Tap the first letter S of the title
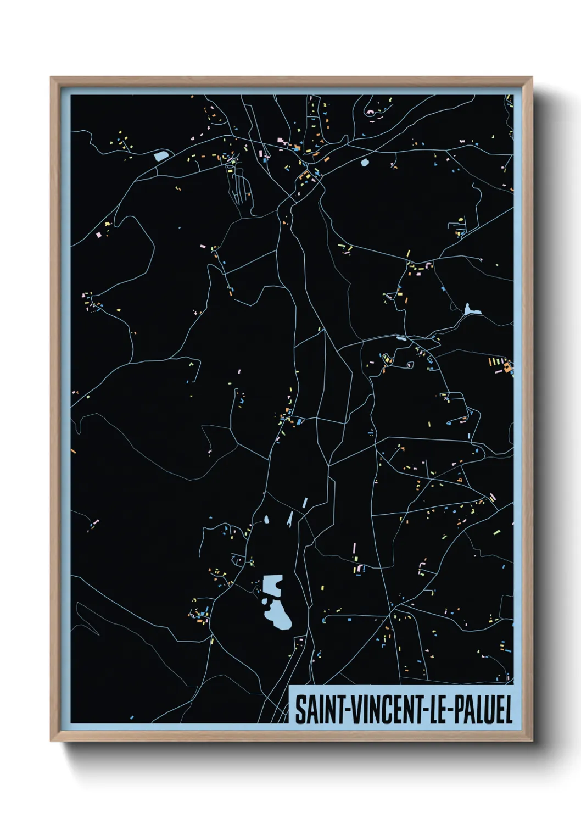300,710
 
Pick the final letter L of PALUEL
508,710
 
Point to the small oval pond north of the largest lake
266,519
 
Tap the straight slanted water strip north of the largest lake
304,503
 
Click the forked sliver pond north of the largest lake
289,520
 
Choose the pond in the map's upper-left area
161,156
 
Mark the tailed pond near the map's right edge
471,311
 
